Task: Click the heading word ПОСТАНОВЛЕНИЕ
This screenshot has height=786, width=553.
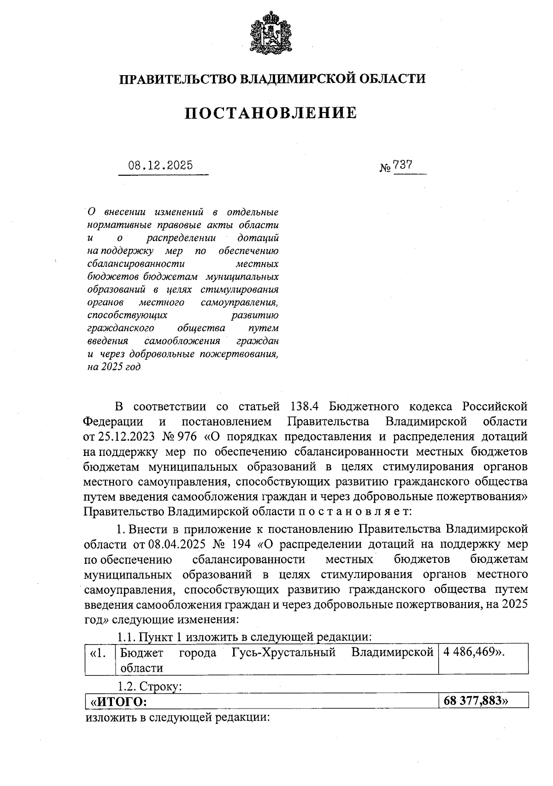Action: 271,113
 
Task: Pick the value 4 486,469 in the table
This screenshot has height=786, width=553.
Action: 470,653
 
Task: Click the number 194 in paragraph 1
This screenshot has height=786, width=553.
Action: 240,544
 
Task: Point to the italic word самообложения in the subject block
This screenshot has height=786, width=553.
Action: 182,342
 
